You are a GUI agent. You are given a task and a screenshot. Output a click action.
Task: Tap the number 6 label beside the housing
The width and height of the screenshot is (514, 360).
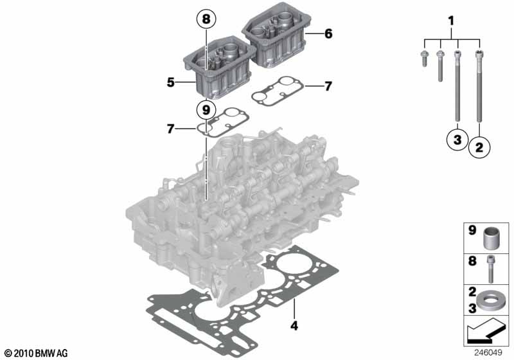328,33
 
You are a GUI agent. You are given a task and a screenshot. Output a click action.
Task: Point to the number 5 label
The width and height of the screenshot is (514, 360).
170,82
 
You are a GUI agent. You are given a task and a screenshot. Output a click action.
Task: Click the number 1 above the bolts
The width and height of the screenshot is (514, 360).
450,22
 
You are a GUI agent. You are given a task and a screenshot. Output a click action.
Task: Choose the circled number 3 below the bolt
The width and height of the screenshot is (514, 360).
456,139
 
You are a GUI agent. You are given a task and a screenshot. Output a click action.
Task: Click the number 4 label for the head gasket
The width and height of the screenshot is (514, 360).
294,325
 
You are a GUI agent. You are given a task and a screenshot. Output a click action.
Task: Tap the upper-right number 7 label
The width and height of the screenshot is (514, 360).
328,85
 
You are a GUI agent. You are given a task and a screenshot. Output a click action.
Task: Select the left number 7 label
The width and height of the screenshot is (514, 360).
170,129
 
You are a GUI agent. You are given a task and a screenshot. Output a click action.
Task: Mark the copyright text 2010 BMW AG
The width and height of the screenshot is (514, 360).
35,353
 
